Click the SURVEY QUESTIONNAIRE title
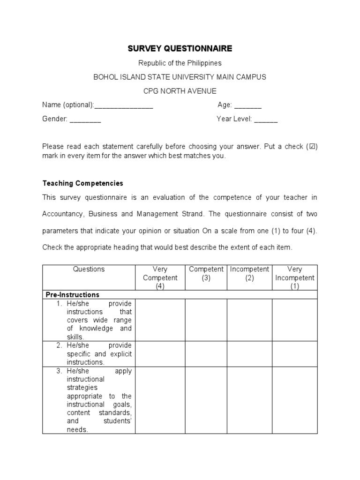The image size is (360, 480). [x=180, y=49]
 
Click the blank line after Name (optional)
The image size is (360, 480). [x=124, y=105]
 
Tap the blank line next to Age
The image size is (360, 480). [x=247, y=105]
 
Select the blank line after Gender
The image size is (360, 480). [x=85, y=120]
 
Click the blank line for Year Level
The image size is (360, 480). [x=266, y=120]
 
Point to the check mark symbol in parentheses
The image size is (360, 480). [x=311, y=147]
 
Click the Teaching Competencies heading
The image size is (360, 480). [x=82, y=183]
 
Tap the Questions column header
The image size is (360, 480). [x=89, y=270]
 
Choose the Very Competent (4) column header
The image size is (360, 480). [x=160, y=277]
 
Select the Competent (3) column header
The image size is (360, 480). [x=206, y=273]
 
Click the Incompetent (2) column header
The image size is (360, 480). [x=249, y=273]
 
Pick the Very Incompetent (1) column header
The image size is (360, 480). [x=295, y=277]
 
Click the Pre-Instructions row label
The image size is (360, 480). [x=72, y=295]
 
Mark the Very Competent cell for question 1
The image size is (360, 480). [x=160, y=320]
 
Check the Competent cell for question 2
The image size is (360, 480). [x=206, y=354]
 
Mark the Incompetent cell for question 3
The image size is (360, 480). [x=249, y=400]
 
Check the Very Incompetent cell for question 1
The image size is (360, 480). [x=295, y=320]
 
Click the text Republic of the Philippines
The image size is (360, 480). [x=180, y=63]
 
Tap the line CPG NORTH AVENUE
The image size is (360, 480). [x=180, y=91]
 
